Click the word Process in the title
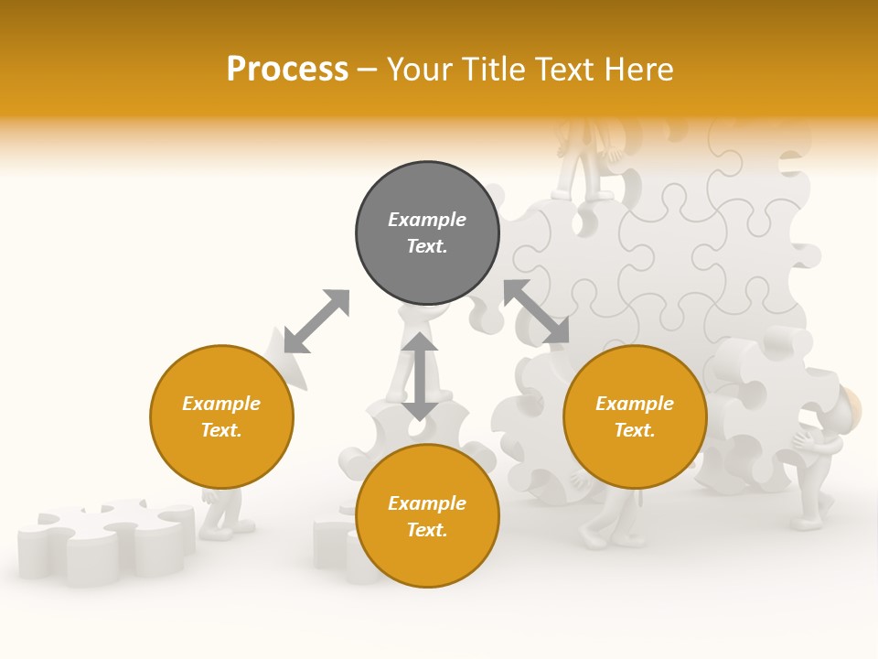point(287,70)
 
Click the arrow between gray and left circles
point(316,321)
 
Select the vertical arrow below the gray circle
point(421,376)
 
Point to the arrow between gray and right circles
point(536,311)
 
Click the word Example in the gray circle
point(427,220)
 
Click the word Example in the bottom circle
point(427,503)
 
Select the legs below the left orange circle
point(221,513)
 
